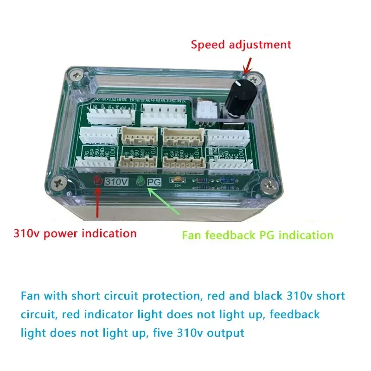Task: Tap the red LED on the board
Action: point(98,181)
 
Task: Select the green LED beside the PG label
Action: point(140,182)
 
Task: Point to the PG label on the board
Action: point(154,182)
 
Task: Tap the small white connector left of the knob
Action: point(205,111)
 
